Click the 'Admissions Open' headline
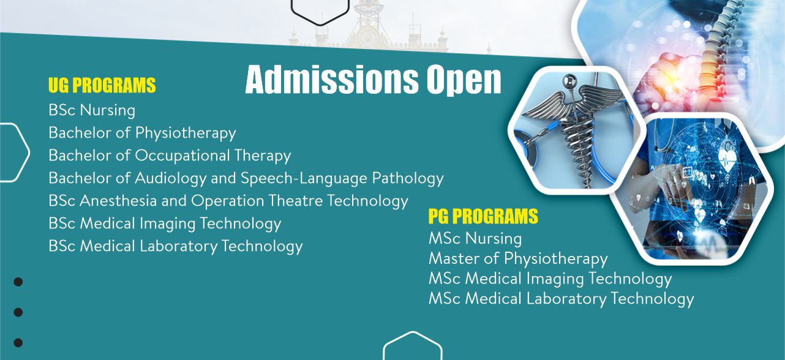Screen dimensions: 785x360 [374, 80]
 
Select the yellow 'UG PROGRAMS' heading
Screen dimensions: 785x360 [102, 85]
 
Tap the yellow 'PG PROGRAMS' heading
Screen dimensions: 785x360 [483, 216]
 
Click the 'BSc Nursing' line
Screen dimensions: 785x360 [92, 110]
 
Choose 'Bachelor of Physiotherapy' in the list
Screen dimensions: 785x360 [142, 133]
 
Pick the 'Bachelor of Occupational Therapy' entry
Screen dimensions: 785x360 [170, 156]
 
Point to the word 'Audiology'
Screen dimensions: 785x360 [171, 178]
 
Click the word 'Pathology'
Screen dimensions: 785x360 [408, 178]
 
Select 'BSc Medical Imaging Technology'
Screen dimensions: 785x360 [165, 223]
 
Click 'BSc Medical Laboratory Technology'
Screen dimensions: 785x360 [176, 246]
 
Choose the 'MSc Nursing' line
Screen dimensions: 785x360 [475, 238]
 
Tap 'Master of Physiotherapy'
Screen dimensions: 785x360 [518, 259]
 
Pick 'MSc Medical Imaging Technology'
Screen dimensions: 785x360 [550, 279]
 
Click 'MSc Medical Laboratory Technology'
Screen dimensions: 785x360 [561, 299]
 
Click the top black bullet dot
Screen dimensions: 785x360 [18, 282]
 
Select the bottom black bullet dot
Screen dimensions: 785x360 [18, 342]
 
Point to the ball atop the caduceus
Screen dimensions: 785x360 [569, 81]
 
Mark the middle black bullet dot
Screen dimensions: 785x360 [18, 312]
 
